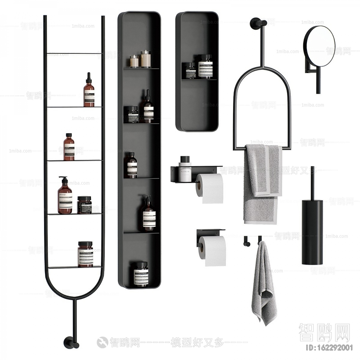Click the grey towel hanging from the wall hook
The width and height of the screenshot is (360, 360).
pos(263,285)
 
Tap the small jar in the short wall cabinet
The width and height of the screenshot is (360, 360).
pos(190,71)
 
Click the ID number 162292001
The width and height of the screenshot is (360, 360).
pos(328,348)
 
